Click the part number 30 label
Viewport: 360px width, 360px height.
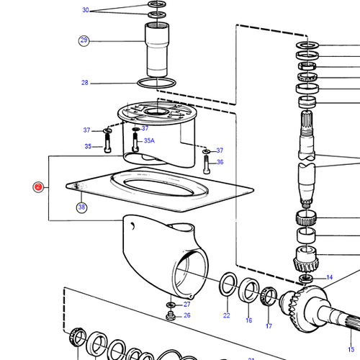pos(86,10)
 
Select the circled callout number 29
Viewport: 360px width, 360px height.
pos(84,40)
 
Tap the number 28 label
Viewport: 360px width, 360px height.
pos(85,83)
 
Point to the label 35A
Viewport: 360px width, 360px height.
pos(149,140)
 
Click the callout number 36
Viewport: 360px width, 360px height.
pos(220,162)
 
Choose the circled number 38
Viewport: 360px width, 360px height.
pos(81,207)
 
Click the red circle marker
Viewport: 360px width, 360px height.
pos(38,187)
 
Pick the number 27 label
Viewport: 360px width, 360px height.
pos(186,305)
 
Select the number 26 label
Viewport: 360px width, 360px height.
pos(186,315)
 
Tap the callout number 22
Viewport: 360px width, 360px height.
pos(226,315)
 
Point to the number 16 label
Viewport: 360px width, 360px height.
pos(248,320)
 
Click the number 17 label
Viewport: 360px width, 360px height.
pos(269,325)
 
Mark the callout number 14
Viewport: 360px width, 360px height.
pos(329,277)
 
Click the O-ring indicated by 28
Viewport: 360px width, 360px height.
pos(155,84)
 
